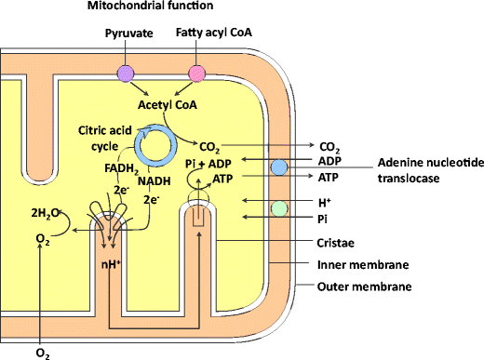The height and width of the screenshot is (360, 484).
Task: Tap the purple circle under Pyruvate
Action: tap(125, 73)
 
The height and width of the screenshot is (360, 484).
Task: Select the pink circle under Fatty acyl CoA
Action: tap(197, 73)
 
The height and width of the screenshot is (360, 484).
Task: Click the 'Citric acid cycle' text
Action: tap(96, 140)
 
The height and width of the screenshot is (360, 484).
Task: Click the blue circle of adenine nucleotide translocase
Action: tap(279, 167)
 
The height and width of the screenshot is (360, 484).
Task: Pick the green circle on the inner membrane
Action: tap(279, 208)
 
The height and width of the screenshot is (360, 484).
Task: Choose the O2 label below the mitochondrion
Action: tap(42, 353)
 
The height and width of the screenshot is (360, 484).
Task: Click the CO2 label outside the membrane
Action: tap(329, 146)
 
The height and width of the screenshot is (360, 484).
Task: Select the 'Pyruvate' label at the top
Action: tap(126, 33)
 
